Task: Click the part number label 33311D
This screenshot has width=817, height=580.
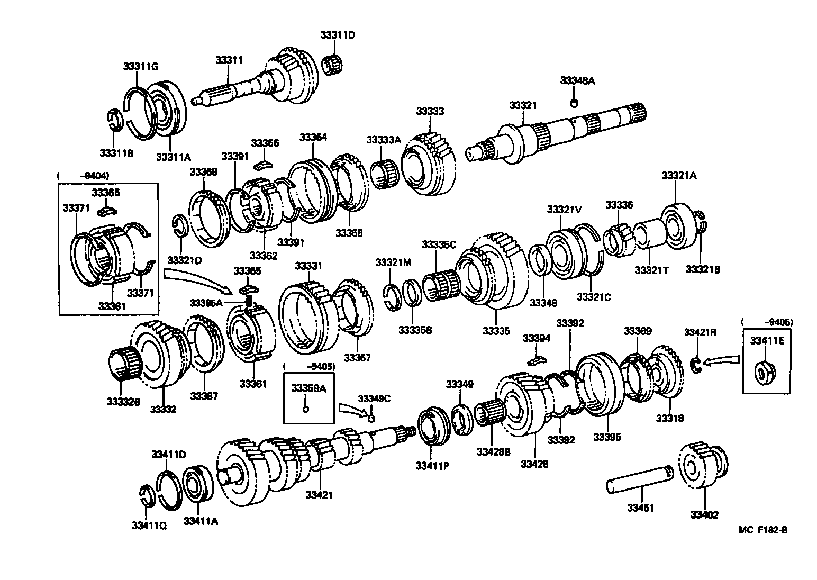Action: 337,35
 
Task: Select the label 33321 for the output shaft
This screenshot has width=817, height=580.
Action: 523,105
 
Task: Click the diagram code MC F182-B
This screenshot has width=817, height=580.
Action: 762,530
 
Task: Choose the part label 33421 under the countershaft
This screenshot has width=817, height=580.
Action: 319,495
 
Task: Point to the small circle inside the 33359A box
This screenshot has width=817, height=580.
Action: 305,409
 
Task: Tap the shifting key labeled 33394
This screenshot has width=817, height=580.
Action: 536,360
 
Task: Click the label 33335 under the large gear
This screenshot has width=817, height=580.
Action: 496,331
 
